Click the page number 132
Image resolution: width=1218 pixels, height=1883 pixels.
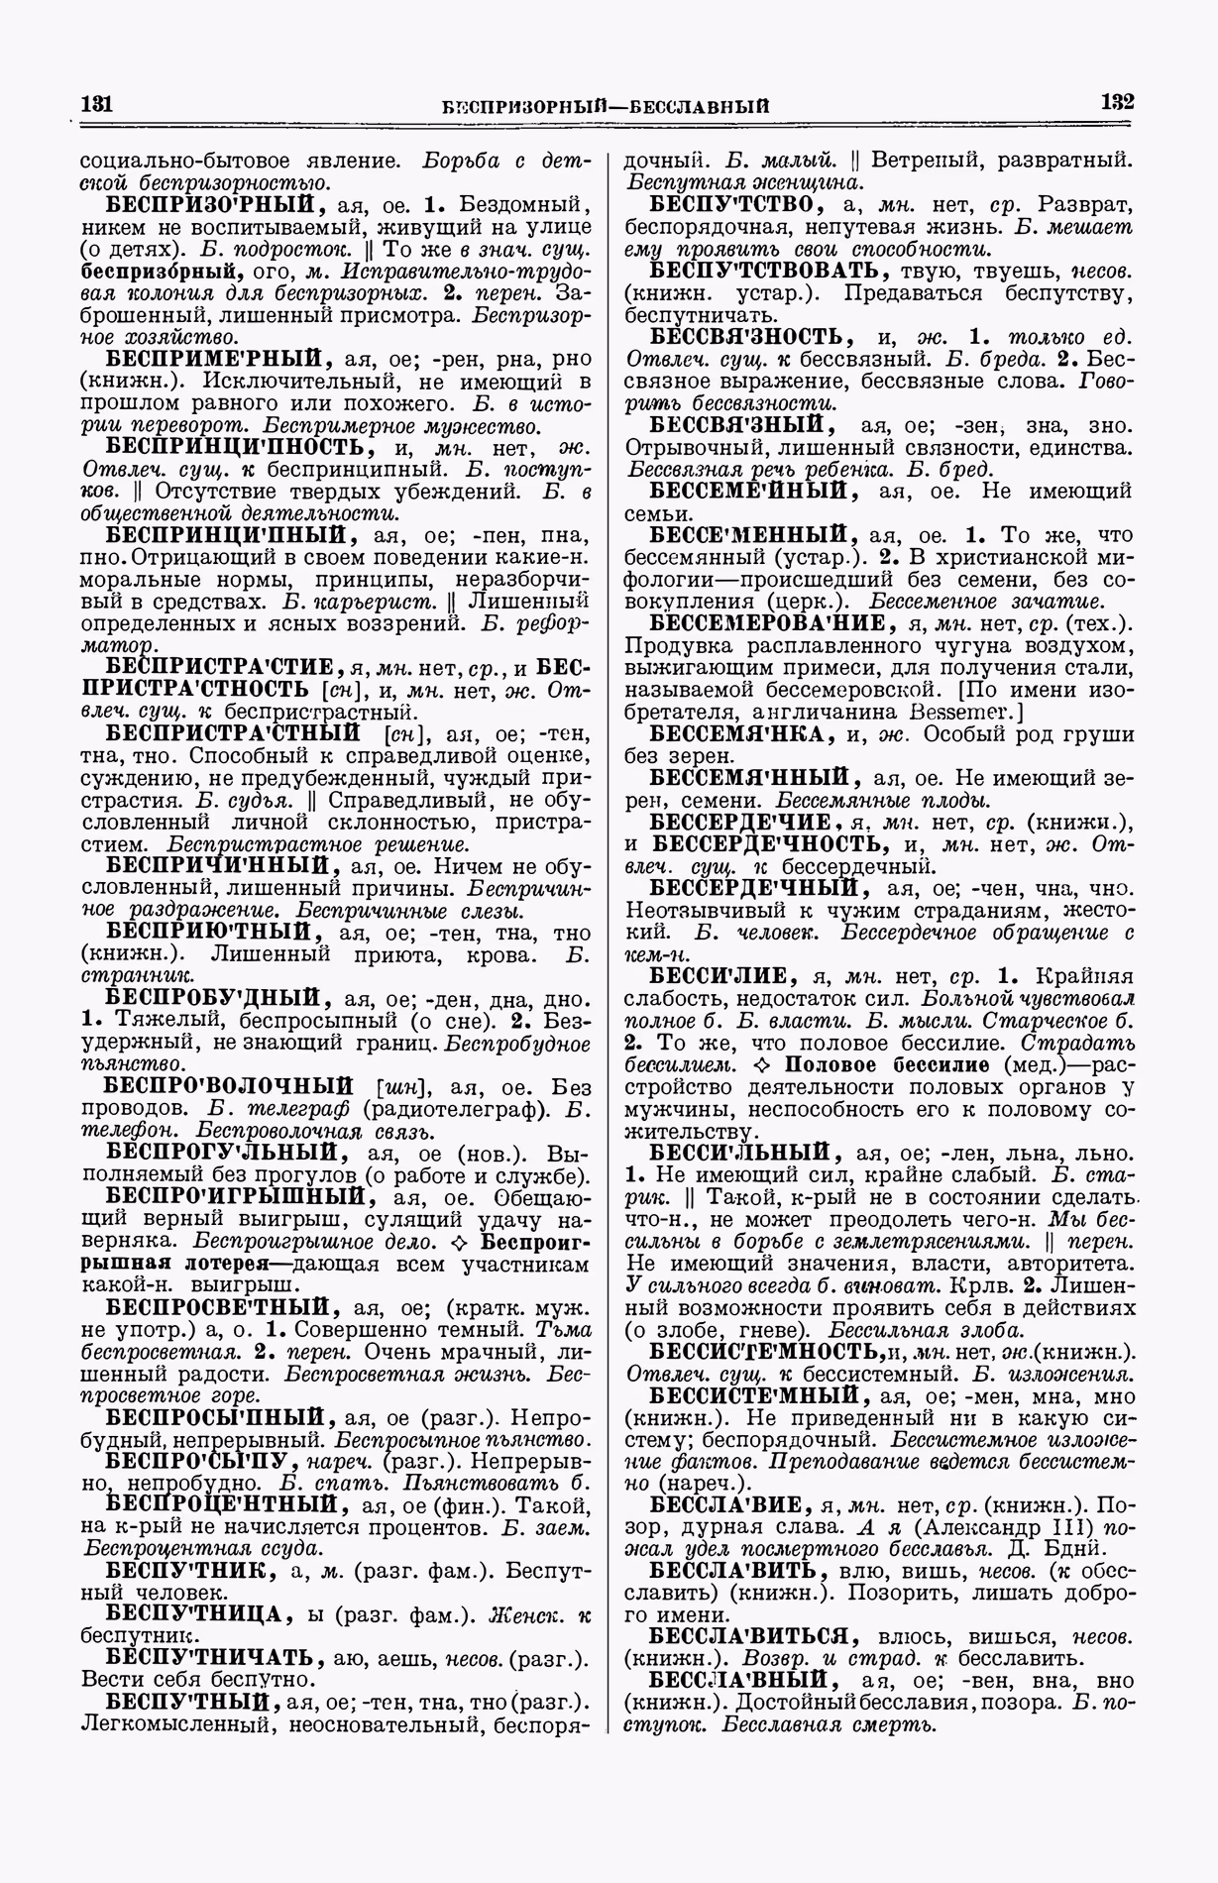click(1117, 102)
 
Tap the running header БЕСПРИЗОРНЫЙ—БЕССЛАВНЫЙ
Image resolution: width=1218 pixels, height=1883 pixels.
click(607, 106)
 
